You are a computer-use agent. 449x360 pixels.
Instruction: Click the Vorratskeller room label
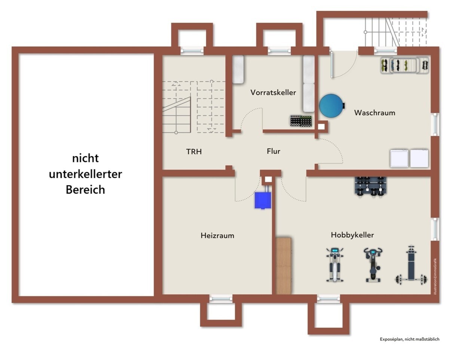273,92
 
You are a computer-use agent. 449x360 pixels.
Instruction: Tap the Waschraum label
375,113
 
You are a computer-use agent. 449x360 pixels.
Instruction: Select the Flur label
273,151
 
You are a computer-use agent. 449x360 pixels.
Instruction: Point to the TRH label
194,152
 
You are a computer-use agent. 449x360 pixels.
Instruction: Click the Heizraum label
217,236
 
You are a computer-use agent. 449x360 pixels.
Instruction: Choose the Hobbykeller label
352,235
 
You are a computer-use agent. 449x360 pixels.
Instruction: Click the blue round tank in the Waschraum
332,106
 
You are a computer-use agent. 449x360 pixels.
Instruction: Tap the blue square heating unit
263,200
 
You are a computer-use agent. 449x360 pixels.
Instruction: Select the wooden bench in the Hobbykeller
284,266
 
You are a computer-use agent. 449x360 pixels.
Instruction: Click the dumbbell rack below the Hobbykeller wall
370,187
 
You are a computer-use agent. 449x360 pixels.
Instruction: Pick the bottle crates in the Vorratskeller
301,121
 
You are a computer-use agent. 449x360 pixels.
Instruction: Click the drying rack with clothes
404,65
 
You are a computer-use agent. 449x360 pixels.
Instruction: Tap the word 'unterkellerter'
85,174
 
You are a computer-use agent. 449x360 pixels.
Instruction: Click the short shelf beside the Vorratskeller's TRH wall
238,69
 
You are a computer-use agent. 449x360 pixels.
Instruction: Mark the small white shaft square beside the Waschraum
321,126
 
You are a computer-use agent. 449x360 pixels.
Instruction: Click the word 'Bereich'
85,189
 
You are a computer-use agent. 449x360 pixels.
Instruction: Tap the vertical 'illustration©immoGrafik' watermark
435,277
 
